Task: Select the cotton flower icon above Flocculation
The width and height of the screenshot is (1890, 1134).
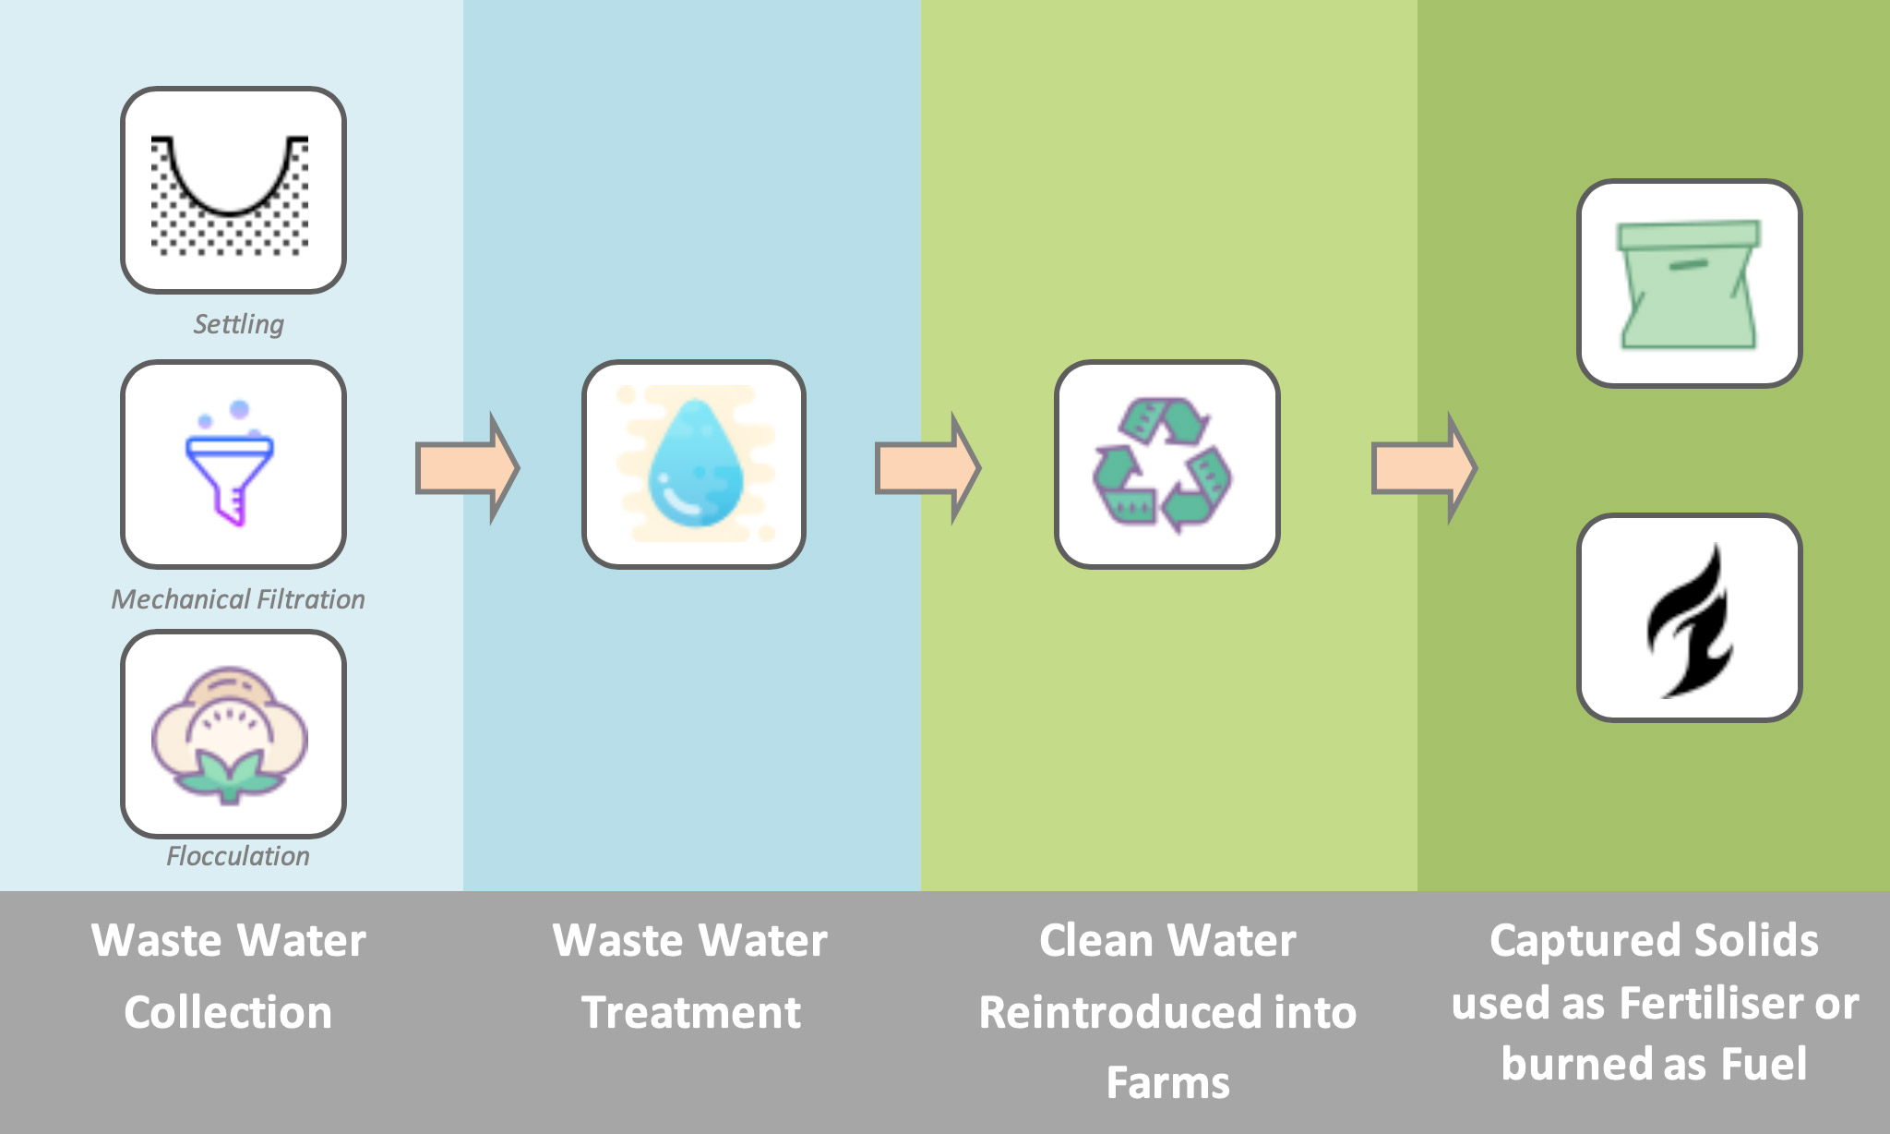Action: click(x=230, y=735)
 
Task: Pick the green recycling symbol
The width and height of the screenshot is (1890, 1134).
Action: click(x=1163, y=465)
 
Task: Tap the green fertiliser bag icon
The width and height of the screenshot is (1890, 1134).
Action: click(x=1689, y=284)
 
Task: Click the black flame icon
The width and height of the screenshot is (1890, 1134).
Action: click(x=1690, y=621)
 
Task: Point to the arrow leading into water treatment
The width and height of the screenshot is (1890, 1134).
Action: click(x=467, y=468)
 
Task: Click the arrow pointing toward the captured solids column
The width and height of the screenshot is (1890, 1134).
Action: click(x=1424, y=468)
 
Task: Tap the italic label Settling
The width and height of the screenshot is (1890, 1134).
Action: click(x=238, y=324)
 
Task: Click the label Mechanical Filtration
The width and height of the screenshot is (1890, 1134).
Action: click(x=238, y=599)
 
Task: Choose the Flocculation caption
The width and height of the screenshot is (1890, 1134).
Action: click(x=238, y=856)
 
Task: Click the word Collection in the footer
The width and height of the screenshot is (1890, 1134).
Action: click(x=228, y=1012)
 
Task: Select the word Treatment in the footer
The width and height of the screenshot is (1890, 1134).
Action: click(x=691, y=1012)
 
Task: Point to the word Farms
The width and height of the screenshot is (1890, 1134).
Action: click(x=1168, y=1082)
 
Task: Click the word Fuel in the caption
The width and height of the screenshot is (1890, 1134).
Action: click(x=1764, y=1063)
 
